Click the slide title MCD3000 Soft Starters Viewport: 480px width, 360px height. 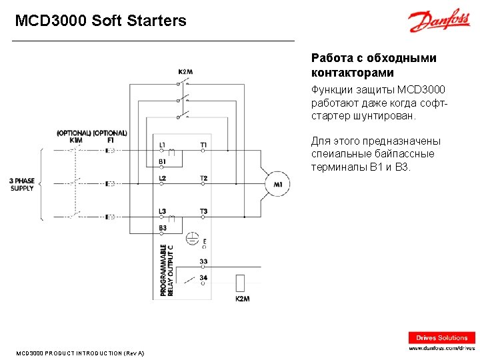tap(101, 21)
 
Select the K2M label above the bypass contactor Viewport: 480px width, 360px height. tap(185, 72)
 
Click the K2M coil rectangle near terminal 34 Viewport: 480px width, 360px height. tap(241, 282)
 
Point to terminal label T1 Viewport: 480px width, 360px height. tap(203, 145)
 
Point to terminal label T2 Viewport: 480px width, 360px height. tap(203, 178)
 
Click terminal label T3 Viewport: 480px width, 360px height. tap(203, 211)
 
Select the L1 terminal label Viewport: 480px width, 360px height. tap(163, 145)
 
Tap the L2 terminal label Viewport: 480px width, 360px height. tap(163, 178)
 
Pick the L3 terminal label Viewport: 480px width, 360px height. tap(163, 211)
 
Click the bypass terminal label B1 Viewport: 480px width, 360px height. tap(163, 161)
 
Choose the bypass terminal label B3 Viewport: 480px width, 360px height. tap(163, 228)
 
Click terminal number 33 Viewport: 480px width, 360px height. tap(203, 261)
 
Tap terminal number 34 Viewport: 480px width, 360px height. tap(203, 277)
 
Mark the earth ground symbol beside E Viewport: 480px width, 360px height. tap(192, 237)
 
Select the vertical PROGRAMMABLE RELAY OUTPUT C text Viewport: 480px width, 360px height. tap(167, 270)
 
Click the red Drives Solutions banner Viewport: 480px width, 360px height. tap(442, 337)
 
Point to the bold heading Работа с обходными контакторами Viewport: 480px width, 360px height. tap(374, 65)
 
